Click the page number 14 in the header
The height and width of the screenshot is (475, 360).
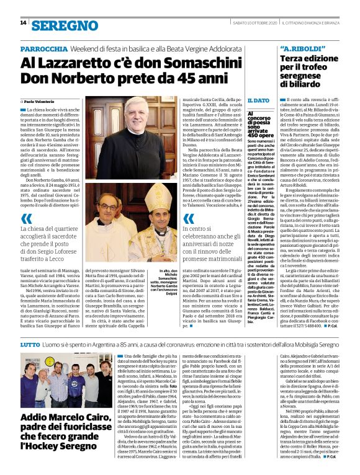[23, 23]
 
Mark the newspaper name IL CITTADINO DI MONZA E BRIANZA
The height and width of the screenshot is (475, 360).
[315, 23]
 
